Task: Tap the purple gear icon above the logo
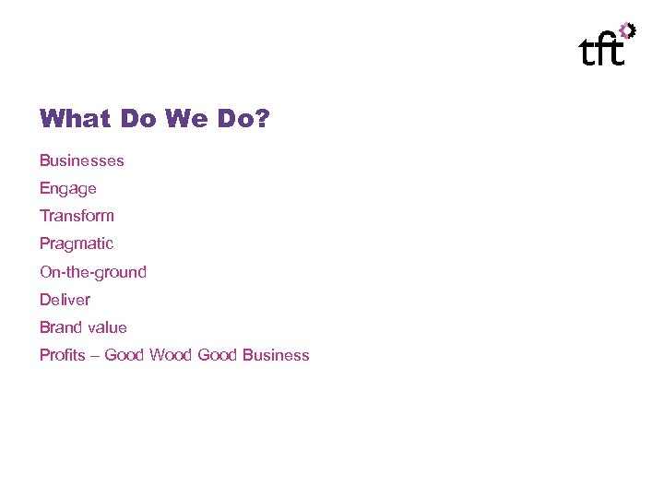coord(627,30)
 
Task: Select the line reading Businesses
coord(81,161)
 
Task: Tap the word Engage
coord(67,189)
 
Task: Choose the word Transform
coord(77,216)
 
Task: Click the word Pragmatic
coord(76,244)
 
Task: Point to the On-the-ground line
coord(92,272)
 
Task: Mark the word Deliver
coord(65,300)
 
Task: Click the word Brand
coord(60,327)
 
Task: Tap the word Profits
coord(62,355)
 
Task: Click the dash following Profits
coord(95,356)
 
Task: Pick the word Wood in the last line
coord(171,355)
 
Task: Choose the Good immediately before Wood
coord(125,355)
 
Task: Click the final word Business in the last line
coord(276,355)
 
